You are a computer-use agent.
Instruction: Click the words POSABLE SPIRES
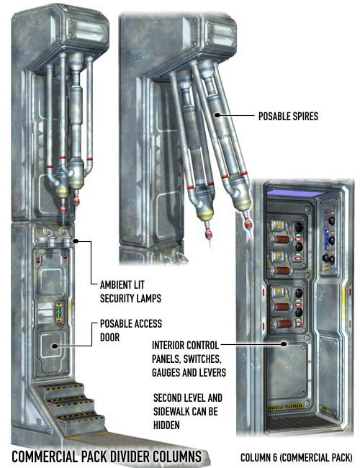point(288,116)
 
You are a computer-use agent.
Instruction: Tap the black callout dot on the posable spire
point(217,115)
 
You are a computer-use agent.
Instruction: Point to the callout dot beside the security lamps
point(75,241)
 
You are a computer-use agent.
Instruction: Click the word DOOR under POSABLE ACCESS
point(109,337)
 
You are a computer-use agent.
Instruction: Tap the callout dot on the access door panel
point(54,346)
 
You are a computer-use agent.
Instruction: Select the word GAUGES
point(168,372)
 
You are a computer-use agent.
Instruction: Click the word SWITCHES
point(202,359)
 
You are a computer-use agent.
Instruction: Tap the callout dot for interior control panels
point(284,344)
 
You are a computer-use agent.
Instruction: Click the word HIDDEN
point(166,425)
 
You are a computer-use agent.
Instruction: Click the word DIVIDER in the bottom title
point(130,456)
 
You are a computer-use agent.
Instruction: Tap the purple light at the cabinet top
point(295,194)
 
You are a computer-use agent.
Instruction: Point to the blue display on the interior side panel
point(326,238)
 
